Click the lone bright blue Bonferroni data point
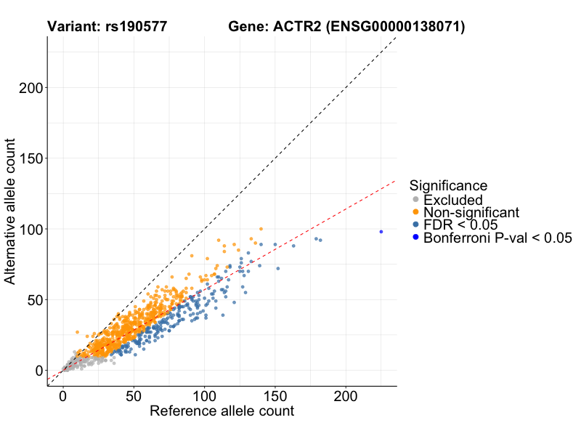(381, 232)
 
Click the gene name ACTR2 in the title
(296, 27)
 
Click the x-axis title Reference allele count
(222, 411)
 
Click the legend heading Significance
(448, 185)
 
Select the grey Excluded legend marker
(415, 200)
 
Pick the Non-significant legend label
(471, 212)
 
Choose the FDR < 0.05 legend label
(460, 225)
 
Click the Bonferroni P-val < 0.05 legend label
(497, 238)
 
